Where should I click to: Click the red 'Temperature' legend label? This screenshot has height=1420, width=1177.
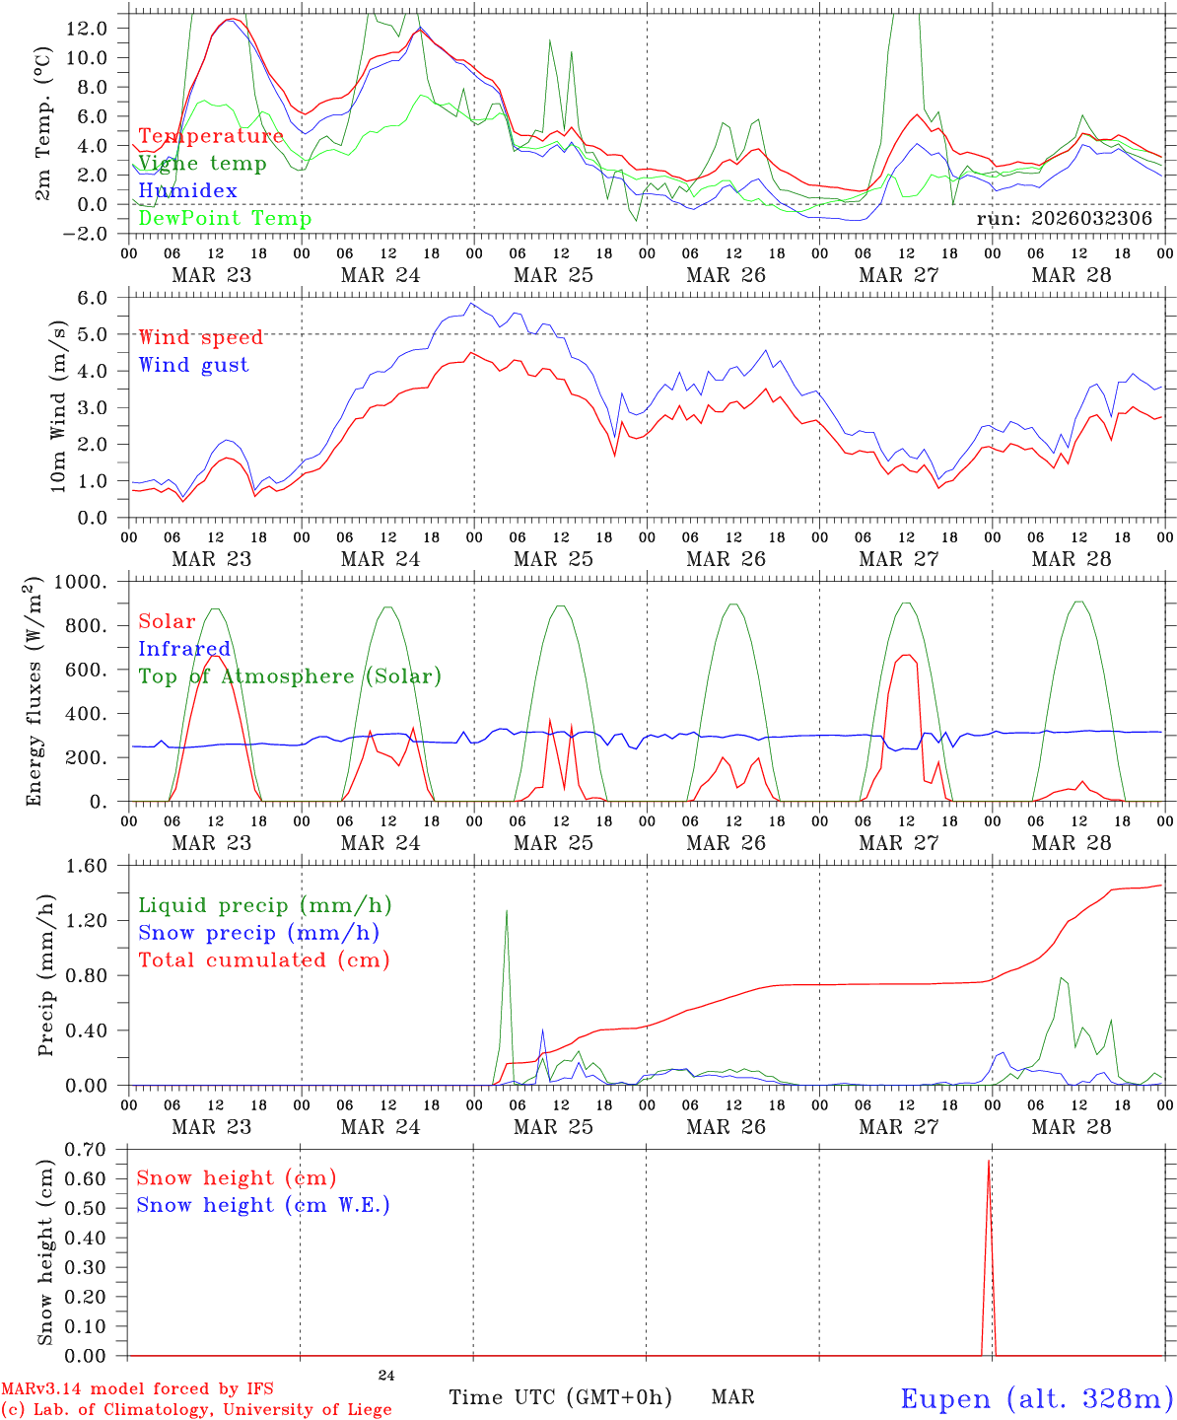[x=210, y=136]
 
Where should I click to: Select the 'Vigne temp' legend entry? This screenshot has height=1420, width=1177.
[x=202, y=164]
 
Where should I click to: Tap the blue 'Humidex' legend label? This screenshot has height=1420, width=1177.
[x=187, y=191]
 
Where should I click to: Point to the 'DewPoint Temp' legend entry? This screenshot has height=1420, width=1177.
[x=225, y=219]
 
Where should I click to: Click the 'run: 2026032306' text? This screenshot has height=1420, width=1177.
[x=1064, y=219]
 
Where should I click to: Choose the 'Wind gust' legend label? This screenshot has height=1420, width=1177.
[x=193, y=365]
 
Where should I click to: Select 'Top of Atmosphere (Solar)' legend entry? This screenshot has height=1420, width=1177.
[x=290, y=676]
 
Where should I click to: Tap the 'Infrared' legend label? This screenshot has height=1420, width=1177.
[x=184, y=649]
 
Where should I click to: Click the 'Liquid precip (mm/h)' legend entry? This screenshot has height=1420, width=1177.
[x=264, y=905]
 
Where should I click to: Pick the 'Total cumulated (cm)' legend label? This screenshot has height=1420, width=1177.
[x=264, y=960]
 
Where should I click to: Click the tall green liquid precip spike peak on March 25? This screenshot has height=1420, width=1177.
[x=507, y=910]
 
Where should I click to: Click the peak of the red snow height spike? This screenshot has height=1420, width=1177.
[x=989, y=1161]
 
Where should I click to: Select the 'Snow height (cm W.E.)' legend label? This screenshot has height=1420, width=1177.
[x=263, y=1205]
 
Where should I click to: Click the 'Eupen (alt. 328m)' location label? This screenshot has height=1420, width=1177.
[x=1036, y=1398]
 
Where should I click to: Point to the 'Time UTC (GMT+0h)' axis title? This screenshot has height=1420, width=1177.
[x=560, y=1397]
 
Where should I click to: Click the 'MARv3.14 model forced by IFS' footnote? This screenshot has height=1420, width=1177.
[x=137, y=1389]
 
